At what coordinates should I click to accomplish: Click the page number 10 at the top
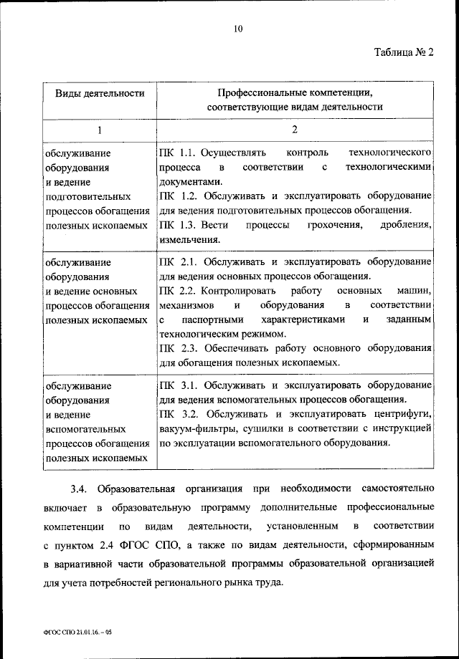pos(239,29)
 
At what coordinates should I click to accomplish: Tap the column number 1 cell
pos(100,130)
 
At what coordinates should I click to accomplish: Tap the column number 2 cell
pos(294,130)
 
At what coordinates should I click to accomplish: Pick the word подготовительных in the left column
pos(87,196)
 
